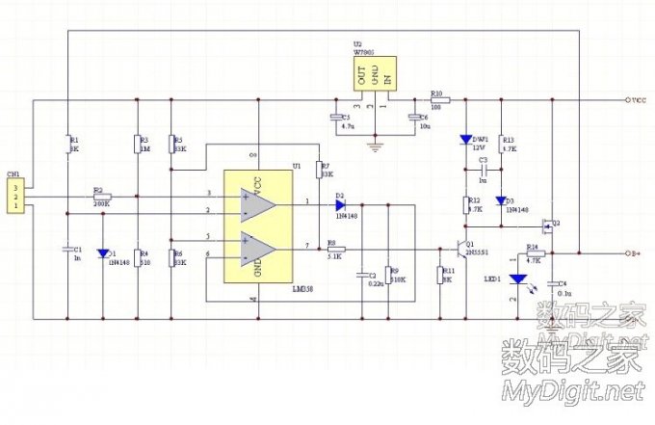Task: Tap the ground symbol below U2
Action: tap(376, 146)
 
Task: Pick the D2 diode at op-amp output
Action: tap(340, 203)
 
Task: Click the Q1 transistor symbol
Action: tap(461, 248)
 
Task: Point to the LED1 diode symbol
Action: tap(519, 280)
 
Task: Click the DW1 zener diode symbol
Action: tap(466, 139)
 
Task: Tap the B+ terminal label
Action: tap(635, 253)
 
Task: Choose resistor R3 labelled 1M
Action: tap(136, 145)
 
